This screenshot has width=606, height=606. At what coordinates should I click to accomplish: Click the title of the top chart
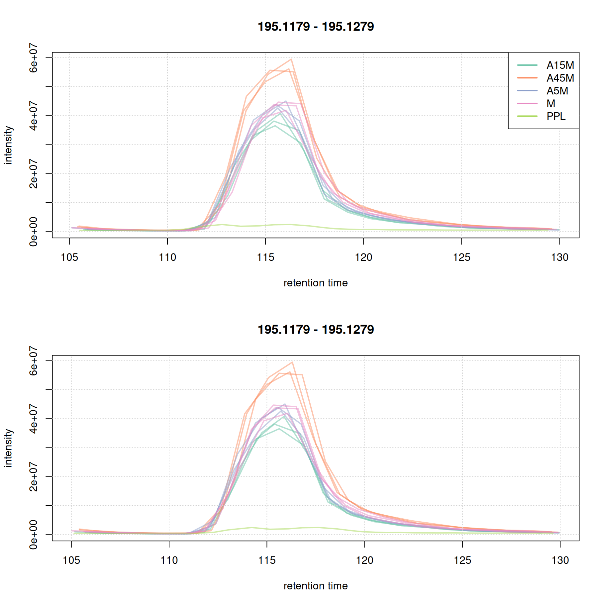point(316,27)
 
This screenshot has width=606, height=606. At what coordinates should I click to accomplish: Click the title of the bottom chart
point(316,330)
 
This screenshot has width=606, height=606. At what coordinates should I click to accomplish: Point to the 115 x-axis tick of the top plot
point(265,257)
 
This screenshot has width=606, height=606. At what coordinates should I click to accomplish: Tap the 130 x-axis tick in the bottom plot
point(560,560)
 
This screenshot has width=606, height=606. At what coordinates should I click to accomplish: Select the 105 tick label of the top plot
point(69,257)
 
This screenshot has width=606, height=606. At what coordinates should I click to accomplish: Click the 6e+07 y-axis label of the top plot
point(34,58)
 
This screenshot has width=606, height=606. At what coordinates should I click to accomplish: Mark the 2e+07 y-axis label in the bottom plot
point(34,476)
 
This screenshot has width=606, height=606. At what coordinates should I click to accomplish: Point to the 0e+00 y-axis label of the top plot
point(34,232)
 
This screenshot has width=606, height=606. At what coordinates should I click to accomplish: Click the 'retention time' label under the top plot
point(316,283)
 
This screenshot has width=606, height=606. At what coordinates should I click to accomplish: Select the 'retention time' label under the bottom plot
point(316,586)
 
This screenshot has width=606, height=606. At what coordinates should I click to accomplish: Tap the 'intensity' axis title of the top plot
point(8,145)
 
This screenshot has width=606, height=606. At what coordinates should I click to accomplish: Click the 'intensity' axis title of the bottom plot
point(8,448)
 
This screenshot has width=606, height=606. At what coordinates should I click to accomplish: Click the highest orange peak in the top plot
point(291,59)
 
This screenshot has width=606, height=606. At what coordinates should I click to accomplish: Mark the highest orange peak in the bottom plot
point(292,362)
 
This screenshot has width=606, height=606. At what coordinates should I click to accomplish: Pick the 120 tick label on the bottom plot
point(364,560)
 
